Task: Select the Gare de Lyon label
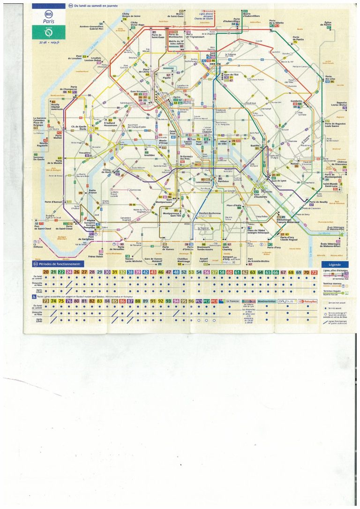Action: coord(278,180)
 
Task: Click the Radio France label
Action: coord(92,191)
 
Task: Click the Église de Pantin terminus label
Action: coord(328,23)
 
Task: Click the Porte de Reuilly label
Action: coord(305,202)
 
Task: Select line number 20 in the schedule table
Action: coord(46,272)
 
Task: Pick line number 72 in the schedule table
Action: coord(314,272)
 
